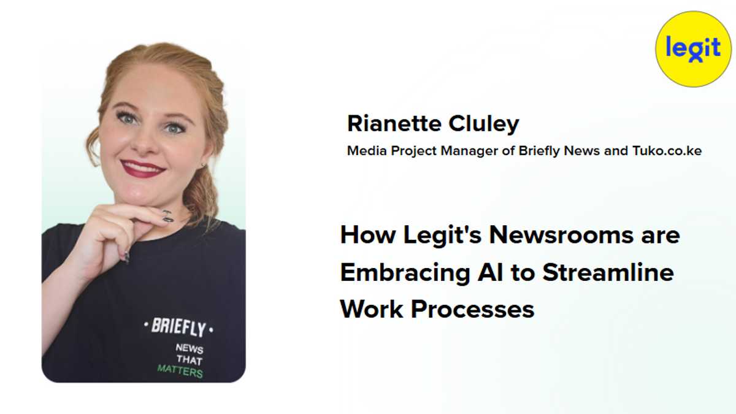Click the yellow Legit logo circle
[x=693, y=49]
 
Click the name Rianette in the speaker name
[x=394, y=123]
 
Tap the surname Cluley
[x=484, y=125]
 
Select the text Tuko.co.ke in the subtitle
[x=667, y=151]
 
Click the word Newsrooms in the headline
[x=561, y=236]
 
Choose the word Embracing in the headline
[x=405, y=273]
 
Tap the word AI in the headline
[x=490, y=272]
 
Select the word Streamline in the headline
[x=608, y=272]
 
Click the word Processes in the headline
[x=472, y=310]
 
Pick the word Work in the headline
[x=372, y=309]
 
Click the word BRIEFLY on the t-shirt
[x=178, y=328]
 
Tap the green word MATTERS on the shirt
[x=180, y=371]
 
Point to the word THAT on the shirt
[x=190, y=359]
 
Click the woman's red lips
[x=142, y=169]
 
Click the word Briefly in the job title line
[x=539, y=151]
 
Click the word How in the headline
[x=367, y=236]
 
